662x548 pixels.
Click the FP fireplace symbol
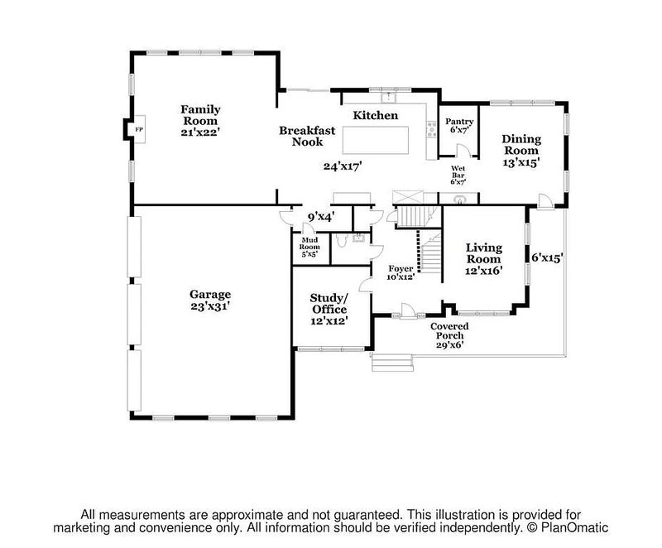point(139,129)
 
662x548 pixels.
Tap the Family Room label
point(200,115)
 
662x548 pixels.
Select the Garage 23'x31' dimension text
point(210,306)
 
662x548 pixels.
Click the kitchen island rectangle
point(376,140)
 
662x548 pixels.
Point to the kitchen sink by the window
point(388,98)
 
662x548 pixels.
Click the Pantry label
point(459,122)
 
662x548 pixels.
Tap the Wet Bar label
point(458,172)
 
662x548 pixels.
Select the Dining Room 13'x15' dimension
point(521,162)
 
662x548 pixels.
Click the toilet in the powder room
point(342,240)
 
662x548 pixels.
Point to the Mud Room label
point(309,243)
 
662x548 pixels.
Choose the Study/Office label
point(329,304)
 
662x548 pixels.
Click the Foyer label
point(401,268)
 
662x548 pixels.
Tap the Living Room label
point(484,253)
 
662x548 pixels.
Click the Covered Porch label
point(449,330)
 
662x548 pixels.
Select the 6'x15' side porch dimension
point(547,257)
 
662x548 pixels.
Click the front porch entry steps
point(392,363)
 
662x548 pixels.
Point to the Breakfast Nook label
point(307,136)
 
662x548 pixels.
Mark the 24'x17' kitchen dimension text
point(343,166)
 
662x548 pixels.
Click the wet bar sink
point(459,199)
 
